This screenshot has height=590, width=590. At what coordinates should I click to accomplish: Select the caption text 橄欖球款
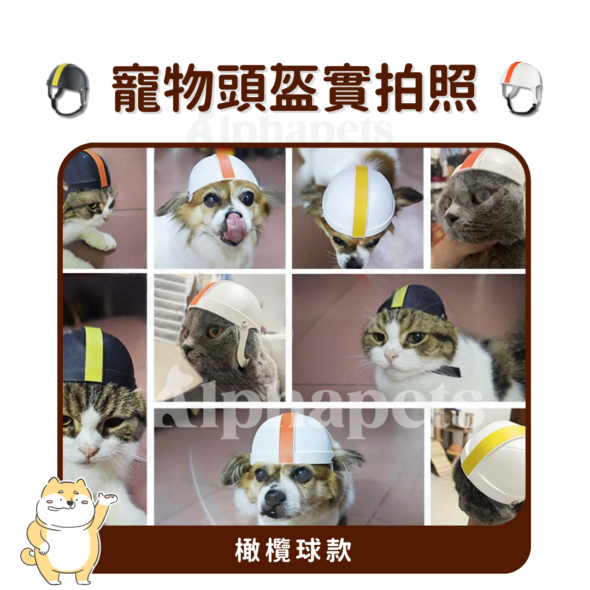293,550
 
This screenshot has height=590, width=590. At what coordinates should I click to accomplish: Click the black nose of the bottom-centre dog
274,497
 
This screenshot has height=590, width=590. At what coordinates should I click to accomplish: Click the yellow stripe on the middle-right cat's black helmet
400,296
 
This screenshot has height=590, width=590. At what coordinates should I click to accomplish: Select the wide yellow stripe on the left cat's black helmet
93,354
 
